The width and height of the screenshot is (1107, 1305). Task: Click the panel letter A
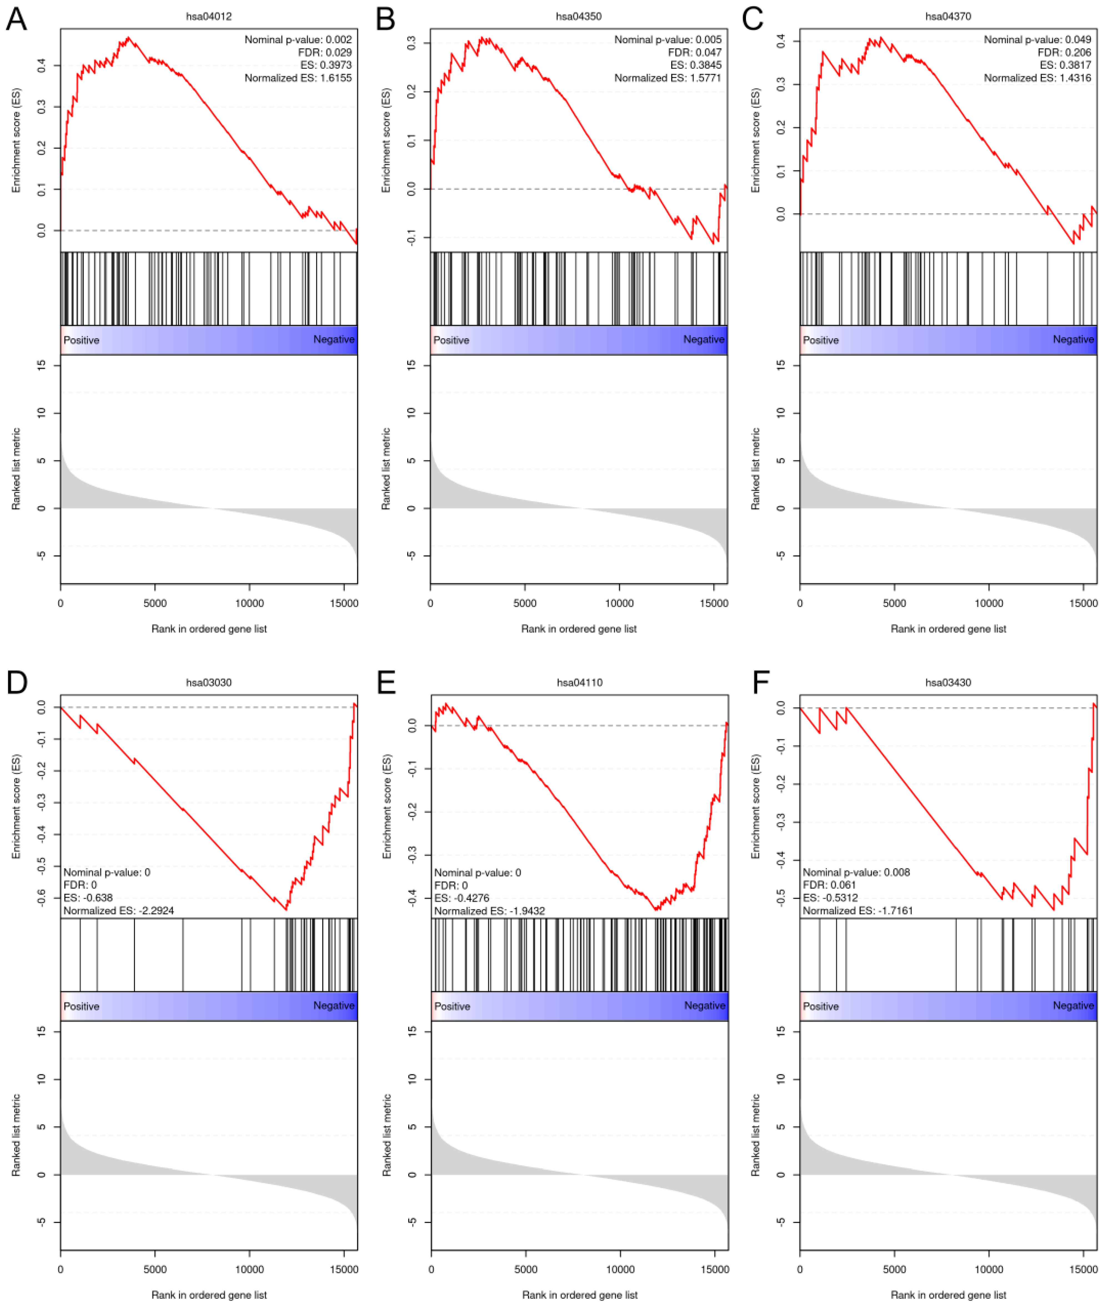point(16,19)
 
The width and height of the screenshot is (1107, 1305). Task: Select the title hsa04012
point(209,16)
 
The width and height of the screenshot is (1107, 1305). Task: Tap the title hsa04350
point(578,16)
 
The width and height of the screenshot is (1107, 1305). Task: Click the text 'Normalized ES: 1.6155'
point(298,78)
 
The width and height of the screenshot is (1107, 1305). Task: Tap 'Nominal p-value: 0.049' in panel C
point(1037,39)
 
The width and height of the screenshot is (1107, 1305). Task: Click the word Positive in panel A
point(82,340)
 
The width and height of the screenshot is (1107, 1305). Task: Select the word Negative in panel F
point(1073,1006)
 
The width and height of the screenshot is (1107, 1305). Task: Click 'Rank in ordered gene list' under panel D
point(209,1295)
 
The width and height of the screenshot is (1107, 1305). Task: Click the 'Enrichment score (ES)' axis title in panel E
point(387,806)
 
